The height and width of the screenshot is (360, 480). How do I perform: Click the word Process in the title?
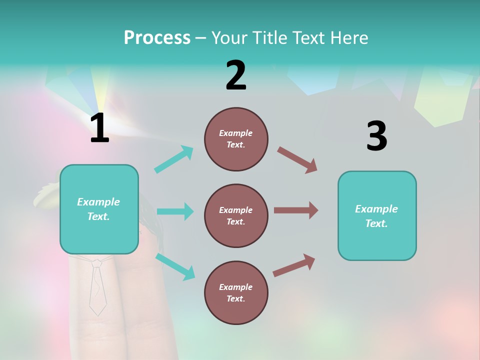point(157,38)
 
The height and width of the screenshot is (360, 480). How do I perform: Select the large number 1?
point(99,128)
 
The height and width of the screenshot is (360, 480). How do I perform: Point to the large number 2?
point(236,75)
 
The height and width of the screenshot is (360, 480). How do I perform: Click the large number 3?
point(376,136)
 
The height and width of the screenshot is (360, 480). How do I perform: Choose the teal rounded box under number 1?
point(99,209)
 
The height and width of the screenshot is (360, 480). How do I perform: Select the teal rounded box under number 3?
point(377,216)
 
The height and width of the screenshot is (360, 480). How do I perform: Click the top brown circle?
point(236,139)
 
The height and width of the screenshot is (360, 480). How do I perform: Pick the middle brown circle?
point(236,216)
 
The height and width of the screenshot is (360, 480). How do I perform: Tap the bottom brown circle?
point(236,293)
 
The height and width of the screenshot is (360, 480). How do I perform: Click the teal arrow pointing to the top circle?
point(174,159)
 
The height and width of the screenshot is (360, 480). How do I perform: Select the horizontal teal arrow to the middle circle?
point(175,211)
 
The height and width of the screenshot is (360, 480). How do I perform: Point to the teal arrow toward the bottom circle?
point(175,266)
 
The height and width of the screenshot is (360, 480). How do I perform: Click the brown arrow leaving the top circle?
point(297,160)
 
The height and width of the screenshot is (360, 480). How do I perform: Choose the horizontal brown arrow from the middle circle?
point(296,210)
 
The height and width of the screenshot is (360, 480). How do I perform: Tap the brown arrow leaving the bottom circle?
point(294,265)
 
